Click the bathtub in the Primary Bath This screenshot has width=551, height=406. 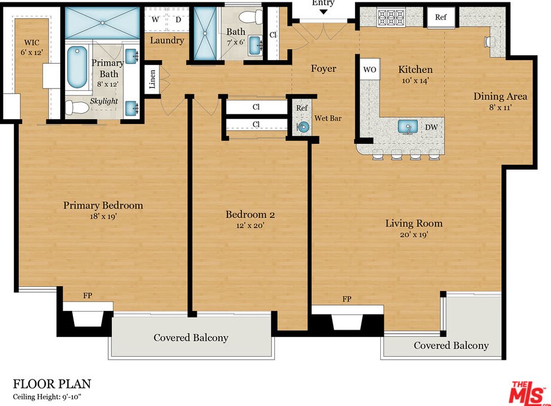[77, 67]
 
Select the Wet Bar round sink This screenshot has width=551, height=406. [302, 128]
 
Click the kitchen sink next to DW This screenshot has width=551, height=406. [408, 126]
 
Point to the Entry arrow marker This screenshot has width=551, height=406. [323, 12]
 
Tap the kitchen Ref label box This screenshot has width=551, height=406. [441, 17]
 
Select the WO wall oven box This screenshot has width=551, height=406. [370, 69]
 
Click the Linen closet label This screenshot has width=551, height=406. [153, 79]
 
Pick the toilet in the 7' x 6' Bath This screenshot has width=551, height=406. [251, 16]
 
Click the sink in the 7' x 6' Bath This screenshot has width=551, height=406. [256, 45]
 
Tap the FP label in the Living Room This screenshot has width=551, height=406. [347, 299]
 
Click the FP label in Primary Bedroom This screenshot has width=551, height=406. [87, 295]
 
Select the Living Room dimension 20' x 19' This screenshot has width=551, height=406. [414, 235]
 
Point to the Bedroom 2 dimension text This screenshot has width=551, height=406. [250, 226]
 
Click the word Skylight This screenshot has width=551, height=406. [103, 101]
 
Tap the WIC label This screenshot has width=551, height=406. [32, 43]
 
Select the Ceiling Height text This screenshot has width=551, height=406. [47, 397]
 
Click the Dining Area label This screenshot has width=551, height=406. [500, 96]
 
